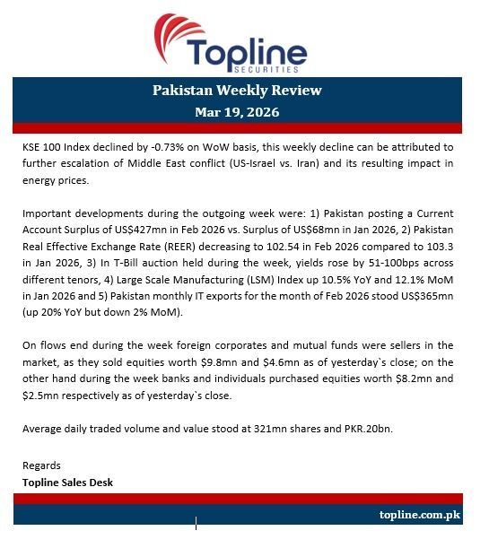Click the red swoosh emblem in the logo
[177, 34]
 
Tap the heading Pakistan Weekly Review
[237, 90]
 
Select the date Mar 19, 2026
[237, 112]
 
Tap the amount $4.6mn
[314, 362]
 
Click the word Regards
[41, 465]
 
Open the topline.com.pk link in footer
[420, 515]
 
